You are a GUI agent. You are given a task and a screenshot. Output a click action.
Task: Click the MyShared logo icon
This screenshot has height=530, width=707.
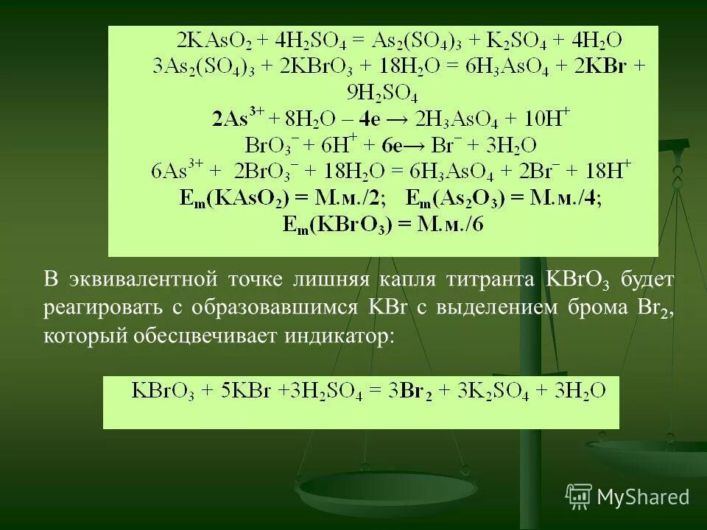tap(580, 496)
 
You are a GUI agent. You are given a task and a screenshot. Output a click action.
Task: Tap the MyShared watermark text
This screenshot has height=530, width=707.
tap(644, 497)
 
